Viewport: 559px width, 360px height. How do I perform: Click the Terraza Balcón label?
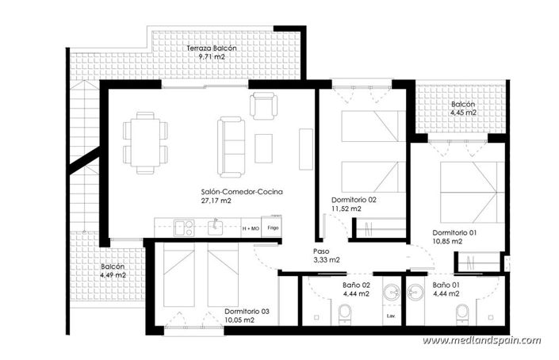(x=211, y=48)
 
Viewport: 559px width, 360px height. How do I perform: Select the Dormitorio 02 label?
(x=354, y=200)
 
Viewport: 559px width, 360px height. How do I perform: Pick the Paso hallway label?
(x=321, y=250)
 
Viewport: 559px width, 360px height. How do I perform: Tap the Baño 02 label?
(x=356, y=284)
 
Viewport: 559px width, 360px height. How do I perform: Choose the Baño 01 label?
(x=446, y=284)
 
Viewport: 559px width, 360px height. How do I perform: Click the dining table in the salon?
(x=144, y=142)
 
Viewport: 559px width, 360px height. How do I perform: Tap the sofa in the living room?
(x=232, y=146)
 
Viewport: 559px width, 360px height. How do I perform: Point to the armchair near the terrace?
(x=262, y=105)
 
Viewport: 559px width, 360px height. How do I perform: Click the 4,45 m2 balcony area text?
(x=463, y=113)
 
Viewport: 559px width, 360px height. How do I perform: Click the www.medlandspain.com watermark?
(x=481, y=340)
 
